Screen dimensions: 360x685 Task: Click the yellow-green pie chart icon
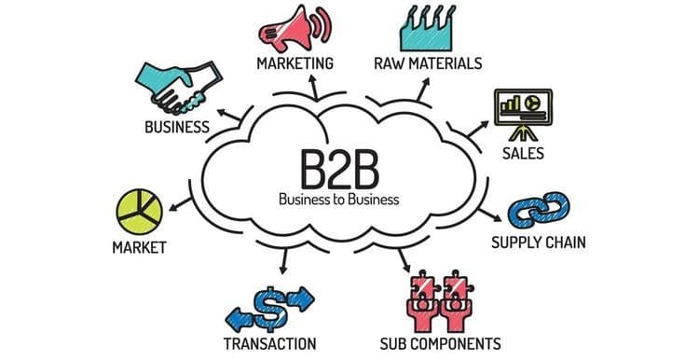tap(137, 212)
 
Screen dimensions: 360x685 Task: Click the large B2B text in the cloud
tap(338, 168)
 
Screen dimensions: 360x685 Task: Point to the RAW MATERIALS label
tap(429, 63)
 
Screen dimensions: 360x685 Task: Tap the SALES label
tap(522, 153)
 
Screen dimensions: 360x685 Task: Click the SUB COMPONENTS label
tap(441, 342)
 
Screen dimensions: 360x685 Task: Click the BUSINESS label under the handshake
tap(176, 126)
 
